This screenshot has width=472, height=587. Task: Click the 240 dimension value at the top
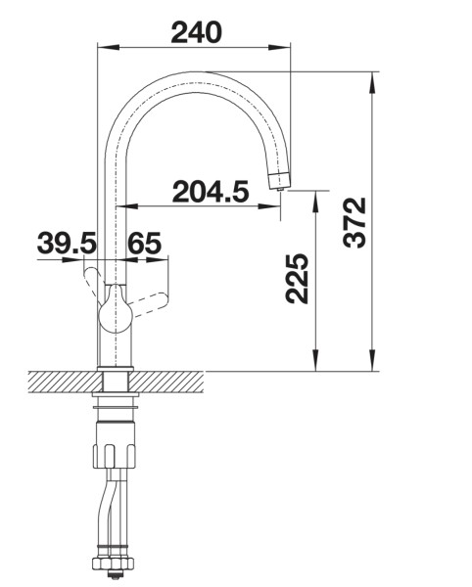[196, 31]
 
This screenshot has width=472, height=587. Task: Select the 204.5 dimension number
[210, 192]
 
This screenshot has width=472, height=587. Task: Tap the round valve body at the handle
[116, 314]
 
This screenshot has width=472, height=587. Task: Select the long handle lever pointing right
[152, 294]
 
